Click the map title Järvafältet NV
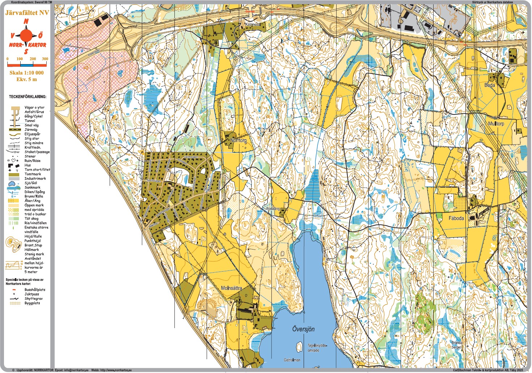27,13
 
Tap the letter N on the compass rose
26,22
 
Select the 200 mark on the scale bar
33,59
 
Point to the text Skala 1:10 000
26,73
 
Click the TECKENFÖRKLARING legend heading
28,97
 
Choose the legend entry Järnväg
31,130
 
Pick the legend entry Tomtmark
33,174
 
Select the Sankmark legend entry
32,188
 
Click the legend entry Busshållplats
35,290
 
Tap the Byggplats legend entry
32,303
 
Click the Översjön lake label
303,329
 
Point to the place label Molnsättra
231,288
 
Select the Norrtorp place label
238,140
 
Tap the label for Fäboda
456,218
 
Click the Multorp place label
496,123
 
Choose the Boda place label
489,85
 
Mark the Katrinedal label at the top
252,24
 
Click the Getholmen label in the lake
292,360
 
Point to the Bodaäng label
273,209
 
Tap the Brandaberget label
456,345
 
